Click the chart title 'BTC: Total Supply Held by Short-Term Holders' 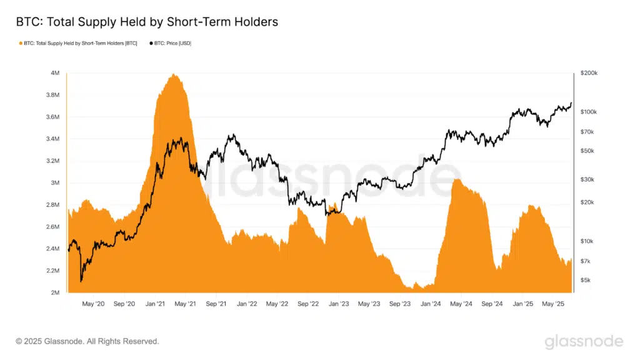coord(147,22)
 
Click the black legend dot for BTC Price coord(151,44)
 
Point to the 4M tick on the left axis coord(54,73)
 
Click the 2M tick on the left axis coord(54,292)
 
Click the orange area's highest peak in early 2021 coord(174,75)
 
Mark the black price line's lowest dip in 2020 coord(81,281)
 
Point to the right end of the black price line coord(571,103)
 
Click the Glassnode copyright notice coord(87,341)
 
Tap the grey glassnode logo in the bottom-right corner coord(584,341)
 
